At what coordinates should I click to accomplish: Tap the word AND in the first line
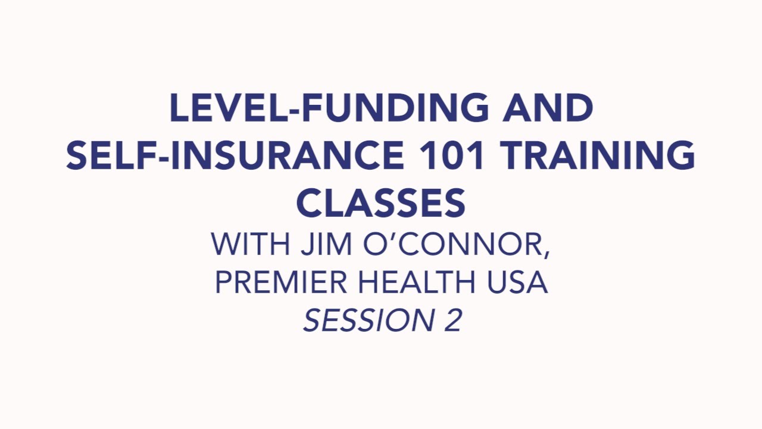(x=548, y=108)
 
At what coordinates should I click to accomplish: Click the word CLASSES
(x=381, y=203)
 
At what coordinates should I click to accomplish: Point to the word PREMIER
(x=282, y=282)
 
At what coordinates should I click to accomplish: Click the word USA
(x=519, y=282)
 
